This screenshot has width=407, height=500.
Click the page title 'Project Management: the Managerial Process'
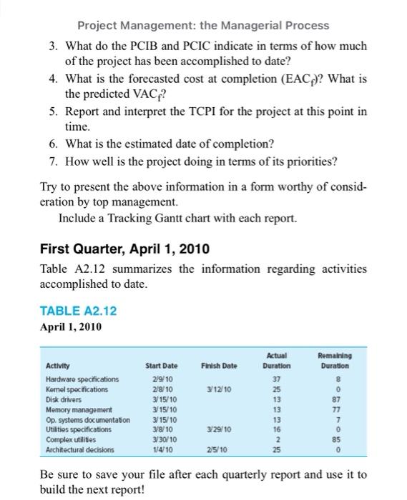(203, 26)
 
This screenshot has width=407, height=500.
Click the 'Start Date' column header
(161, 366)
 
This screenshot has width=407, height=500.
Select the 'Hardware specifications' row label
(82, 379)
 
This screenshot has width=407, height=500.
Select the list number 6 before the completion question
(54, 143)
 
